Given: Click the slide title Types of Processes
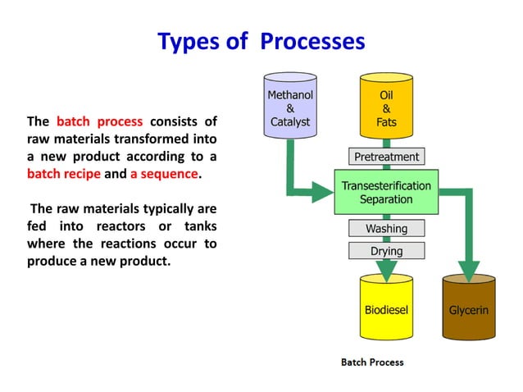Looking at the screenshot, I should pos(261,40).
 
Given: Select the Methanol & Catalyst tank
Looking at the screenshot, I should pos(290,106).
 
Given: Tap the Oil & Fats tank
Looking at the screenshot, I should pos(386,106).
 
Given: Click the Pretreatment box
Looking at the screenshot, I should pos(386,157).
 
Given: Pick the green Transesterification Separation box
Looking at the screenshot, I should pos(386,193).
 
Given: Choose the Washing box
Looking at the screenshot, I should pos(386,228).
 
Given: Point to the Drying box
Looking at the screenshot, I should pos(386,249).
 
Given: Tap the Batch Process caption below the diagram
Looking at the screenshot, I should pos(372,362).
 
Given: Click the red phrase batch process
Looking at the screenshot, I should pos(99,122).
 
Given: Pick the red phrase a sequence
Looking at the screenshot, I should pos(164,174).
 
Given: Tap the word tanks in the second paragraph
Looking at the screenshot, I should pos(198,226).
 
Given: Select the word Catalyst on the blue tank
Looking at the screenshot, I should pos(290,122).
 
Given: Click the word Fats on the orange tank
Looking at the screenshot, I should pos(386,122).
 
